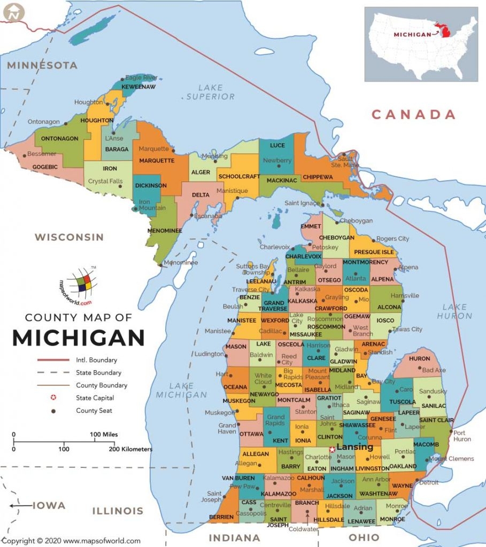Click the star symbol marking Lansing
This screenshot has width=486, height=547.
[332, 449]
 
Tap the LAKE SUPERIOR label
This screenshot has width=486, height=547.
[210, 92]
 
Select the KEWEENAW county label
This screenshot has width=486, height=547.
[138, 87]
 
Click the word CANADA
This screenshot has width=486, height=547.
[413, 114]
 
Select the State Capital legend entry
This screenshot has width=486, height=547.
[95, 398]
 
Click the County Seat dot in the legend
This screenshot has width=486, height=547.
[53, 411]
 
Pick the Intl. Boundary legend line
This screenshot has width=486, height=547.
[53, 360]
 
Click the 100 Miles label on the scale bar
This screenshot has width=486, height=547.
[104, 434]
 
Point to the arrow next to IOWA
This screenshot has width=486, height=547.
[20, 505]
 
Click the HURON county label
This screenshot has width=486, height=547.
[419, 359]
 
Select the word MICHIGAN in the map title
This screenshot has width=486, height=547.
[79, 338]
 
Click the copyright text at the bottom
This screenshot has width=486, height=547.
[71, 541]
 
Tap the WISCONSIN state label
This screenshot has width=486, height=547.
[69, 237]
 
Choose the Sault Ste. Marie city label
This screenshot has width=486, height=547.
[344, 161]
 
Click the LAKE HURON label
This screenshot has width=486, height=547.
[454, 311]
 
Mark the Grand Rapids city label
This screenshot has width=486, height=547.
[275, 420]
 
